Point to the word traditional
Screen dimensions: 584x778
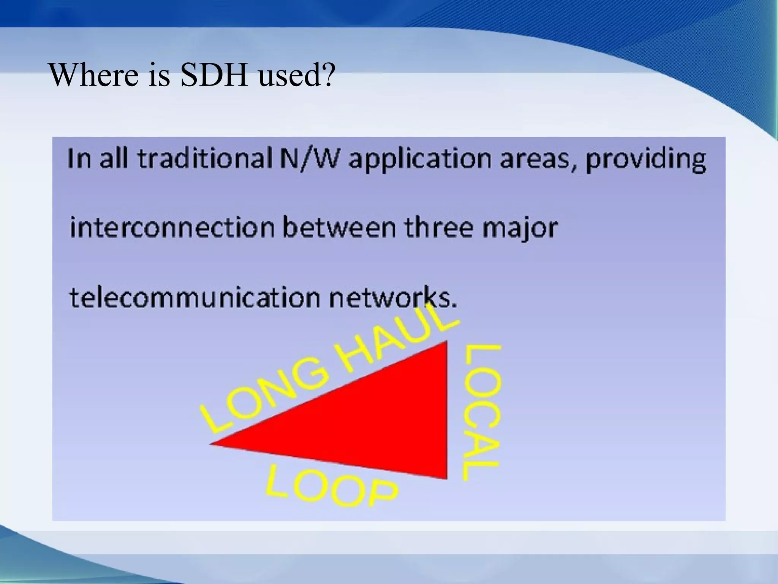[202, 160]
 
